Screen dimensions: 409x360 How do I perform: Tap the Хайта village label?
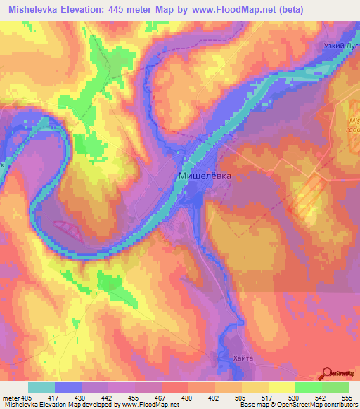click(x=238, y=358)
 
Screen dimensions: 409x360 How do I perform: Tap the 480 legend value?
click(x=188, y=396)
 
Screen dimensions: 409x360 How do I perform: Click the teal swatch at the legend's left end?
click(x=41, y=387)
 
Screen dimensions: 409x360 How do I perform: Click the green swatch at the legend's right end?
click(x=335, y=387)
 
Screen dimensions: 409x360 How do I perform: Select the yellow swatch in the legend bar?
click(x=281, y=387)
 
